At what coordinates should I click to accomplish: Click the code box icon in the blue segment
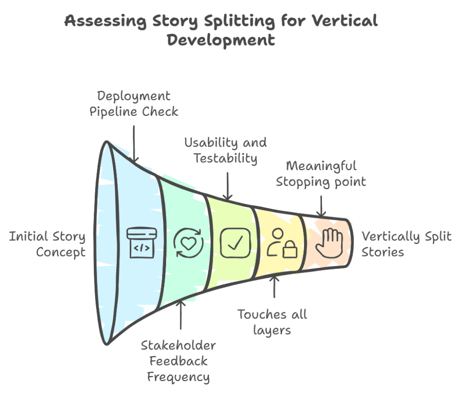coord(141,243)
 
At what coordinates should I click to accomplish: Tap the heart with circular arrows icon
coord(188,243)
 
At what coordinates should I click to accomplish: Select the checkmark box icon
coord(235,243)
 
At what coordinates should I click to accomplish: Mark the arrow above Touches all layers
coord(275,287)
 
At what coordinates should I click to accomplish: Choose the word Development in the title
coord(221,40)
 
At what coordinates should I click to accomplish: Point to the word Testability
coord(225,158)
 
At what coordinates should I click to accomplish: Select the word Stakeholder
coord(178,345)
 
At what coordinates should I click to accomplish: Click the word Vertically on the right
coord(391,237)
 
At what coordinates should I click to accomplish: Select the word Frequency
coord(178,377)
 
